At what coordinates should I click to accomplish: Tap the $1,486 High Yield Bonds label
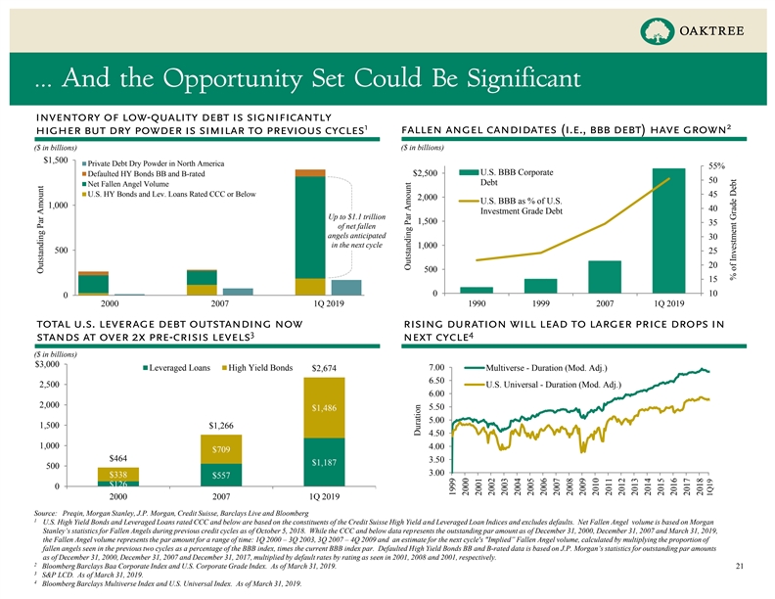(324, 407)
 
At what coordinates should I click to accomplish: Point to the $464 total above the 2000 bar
(117, 457)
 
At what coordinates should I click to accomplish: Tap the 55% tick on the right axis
(741, 165)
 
